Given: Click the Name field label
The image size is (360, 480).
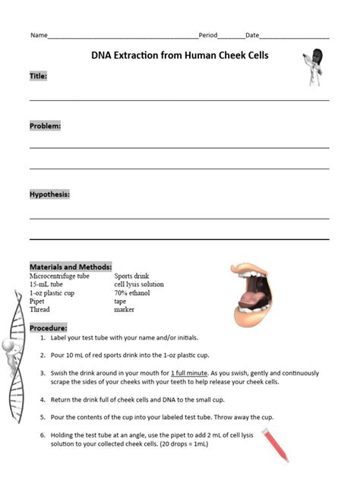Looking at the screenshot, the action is pos(39,36).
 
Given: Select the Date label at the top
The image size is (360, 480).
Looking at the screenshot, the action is pos(252,36).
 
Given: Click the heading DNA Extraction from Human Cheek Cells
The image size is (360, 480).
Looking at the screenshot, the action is pos(180,55).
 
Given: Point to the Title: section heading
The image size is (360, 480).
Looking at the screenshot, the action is pos(39,76).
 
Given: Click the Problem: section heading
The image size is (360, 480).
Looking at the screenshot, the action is pos(46,125).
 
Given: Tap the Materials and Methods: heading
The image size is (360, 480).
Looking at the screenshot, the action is pos(71,267).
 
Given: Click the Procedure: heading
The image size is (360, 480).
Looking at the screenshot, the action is pos(49,327).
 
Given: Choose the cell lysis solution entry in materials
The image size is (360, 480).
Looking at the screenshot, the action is pos(139,285).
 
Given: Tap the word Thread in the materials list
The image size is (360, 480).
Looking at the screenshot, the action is pos(39,310).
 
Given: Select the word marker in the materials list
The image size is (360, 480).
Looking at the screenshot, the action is pos(125,310).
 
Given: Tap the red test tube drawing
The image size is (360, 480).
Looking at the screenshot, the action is pos(275,445).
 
